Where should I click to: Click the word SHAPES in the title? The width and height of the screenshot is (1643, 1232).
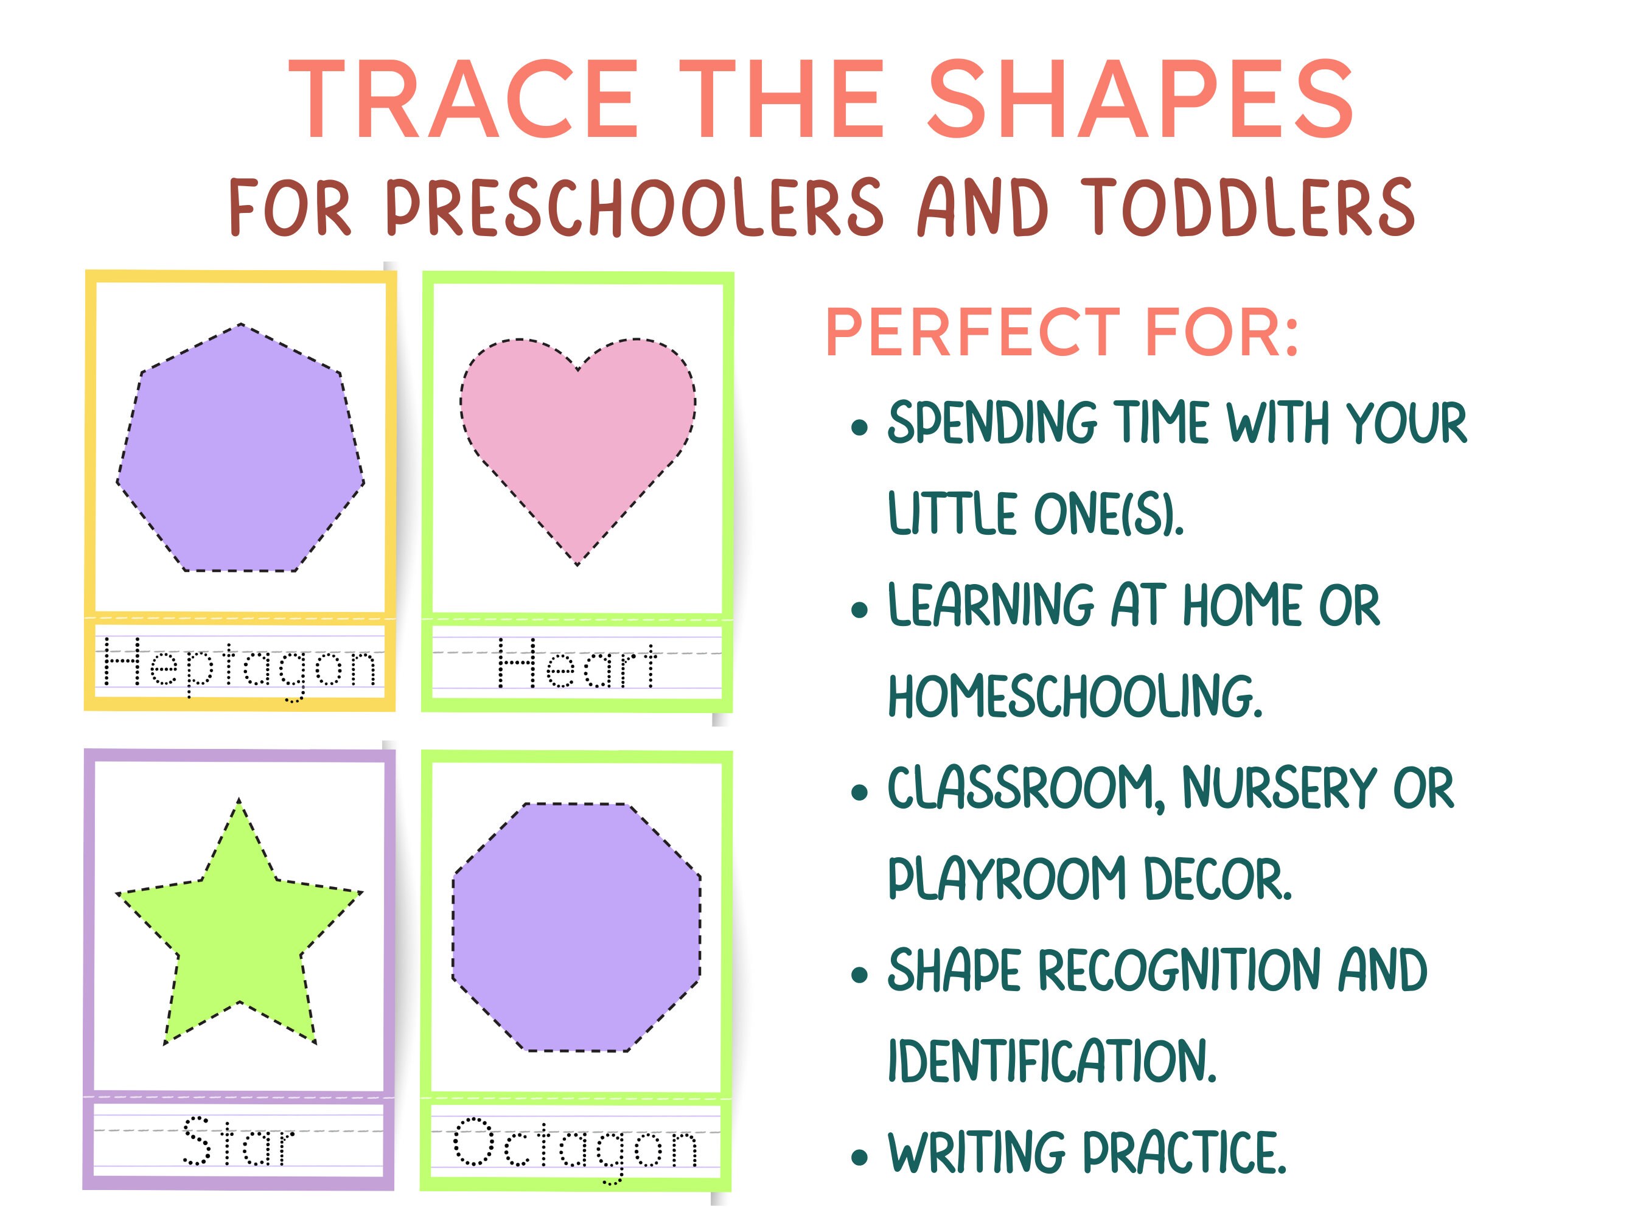(x=1140, y=100)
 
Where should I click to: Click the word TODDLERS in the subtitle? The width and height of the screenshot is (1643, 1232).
(x=1248, y=208)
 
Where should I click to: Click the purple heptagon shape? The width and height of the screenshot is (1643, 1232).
(x=240, y=453)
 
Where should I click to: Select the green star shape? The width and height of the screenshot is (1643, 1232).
(x=239, y=936)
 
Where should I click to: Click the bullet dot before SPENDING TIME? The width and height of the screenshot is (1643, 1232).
(x=860, y=428)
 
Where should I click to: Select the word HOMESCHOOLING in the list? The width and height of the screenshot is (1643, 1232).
(x=1075, y=696)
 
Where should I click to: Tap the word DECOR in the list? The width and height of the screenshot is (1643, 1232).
(x=1218, y=879)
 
